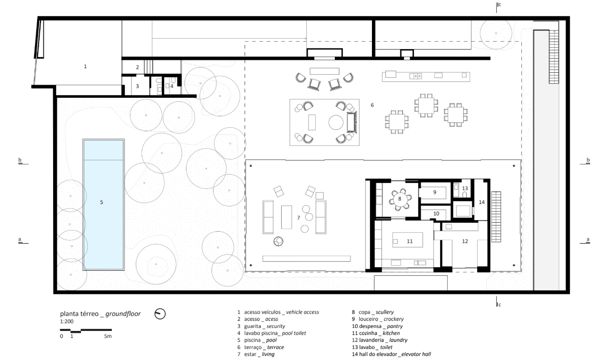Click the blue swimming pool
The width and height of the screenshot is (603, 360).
103,205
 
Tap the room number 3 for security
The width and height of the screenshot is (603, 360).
137,86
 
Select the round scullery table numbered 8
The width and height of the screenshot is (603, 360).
400,199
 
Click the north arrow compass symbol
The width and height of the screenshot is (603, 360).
160,314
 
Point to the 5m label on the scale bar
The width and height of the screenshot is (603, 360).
108,336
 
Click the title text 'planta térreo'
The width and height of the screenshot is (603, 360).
79,314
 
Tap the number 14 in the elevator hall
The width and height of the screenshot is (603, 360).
482,202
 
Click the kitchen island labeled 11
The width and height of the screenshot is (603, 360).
408,240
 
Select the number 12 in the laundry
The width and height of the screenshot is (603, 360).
465,241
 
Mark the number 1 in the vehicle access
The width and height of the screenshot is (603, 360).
85,66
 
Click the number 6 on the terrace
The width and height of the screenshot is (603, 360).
372,105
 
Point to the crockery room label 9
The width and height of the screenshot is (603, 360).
435,192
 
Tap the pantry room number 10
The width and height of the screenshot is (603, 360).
436,214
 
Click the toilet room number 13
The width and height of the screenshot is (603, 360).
465,188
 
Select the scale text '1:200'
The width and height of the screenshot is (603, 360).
67,321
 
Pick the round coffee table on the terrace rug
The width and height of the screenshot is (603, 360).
336,122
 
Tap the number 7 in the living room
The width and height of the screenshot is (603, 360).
298,218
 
